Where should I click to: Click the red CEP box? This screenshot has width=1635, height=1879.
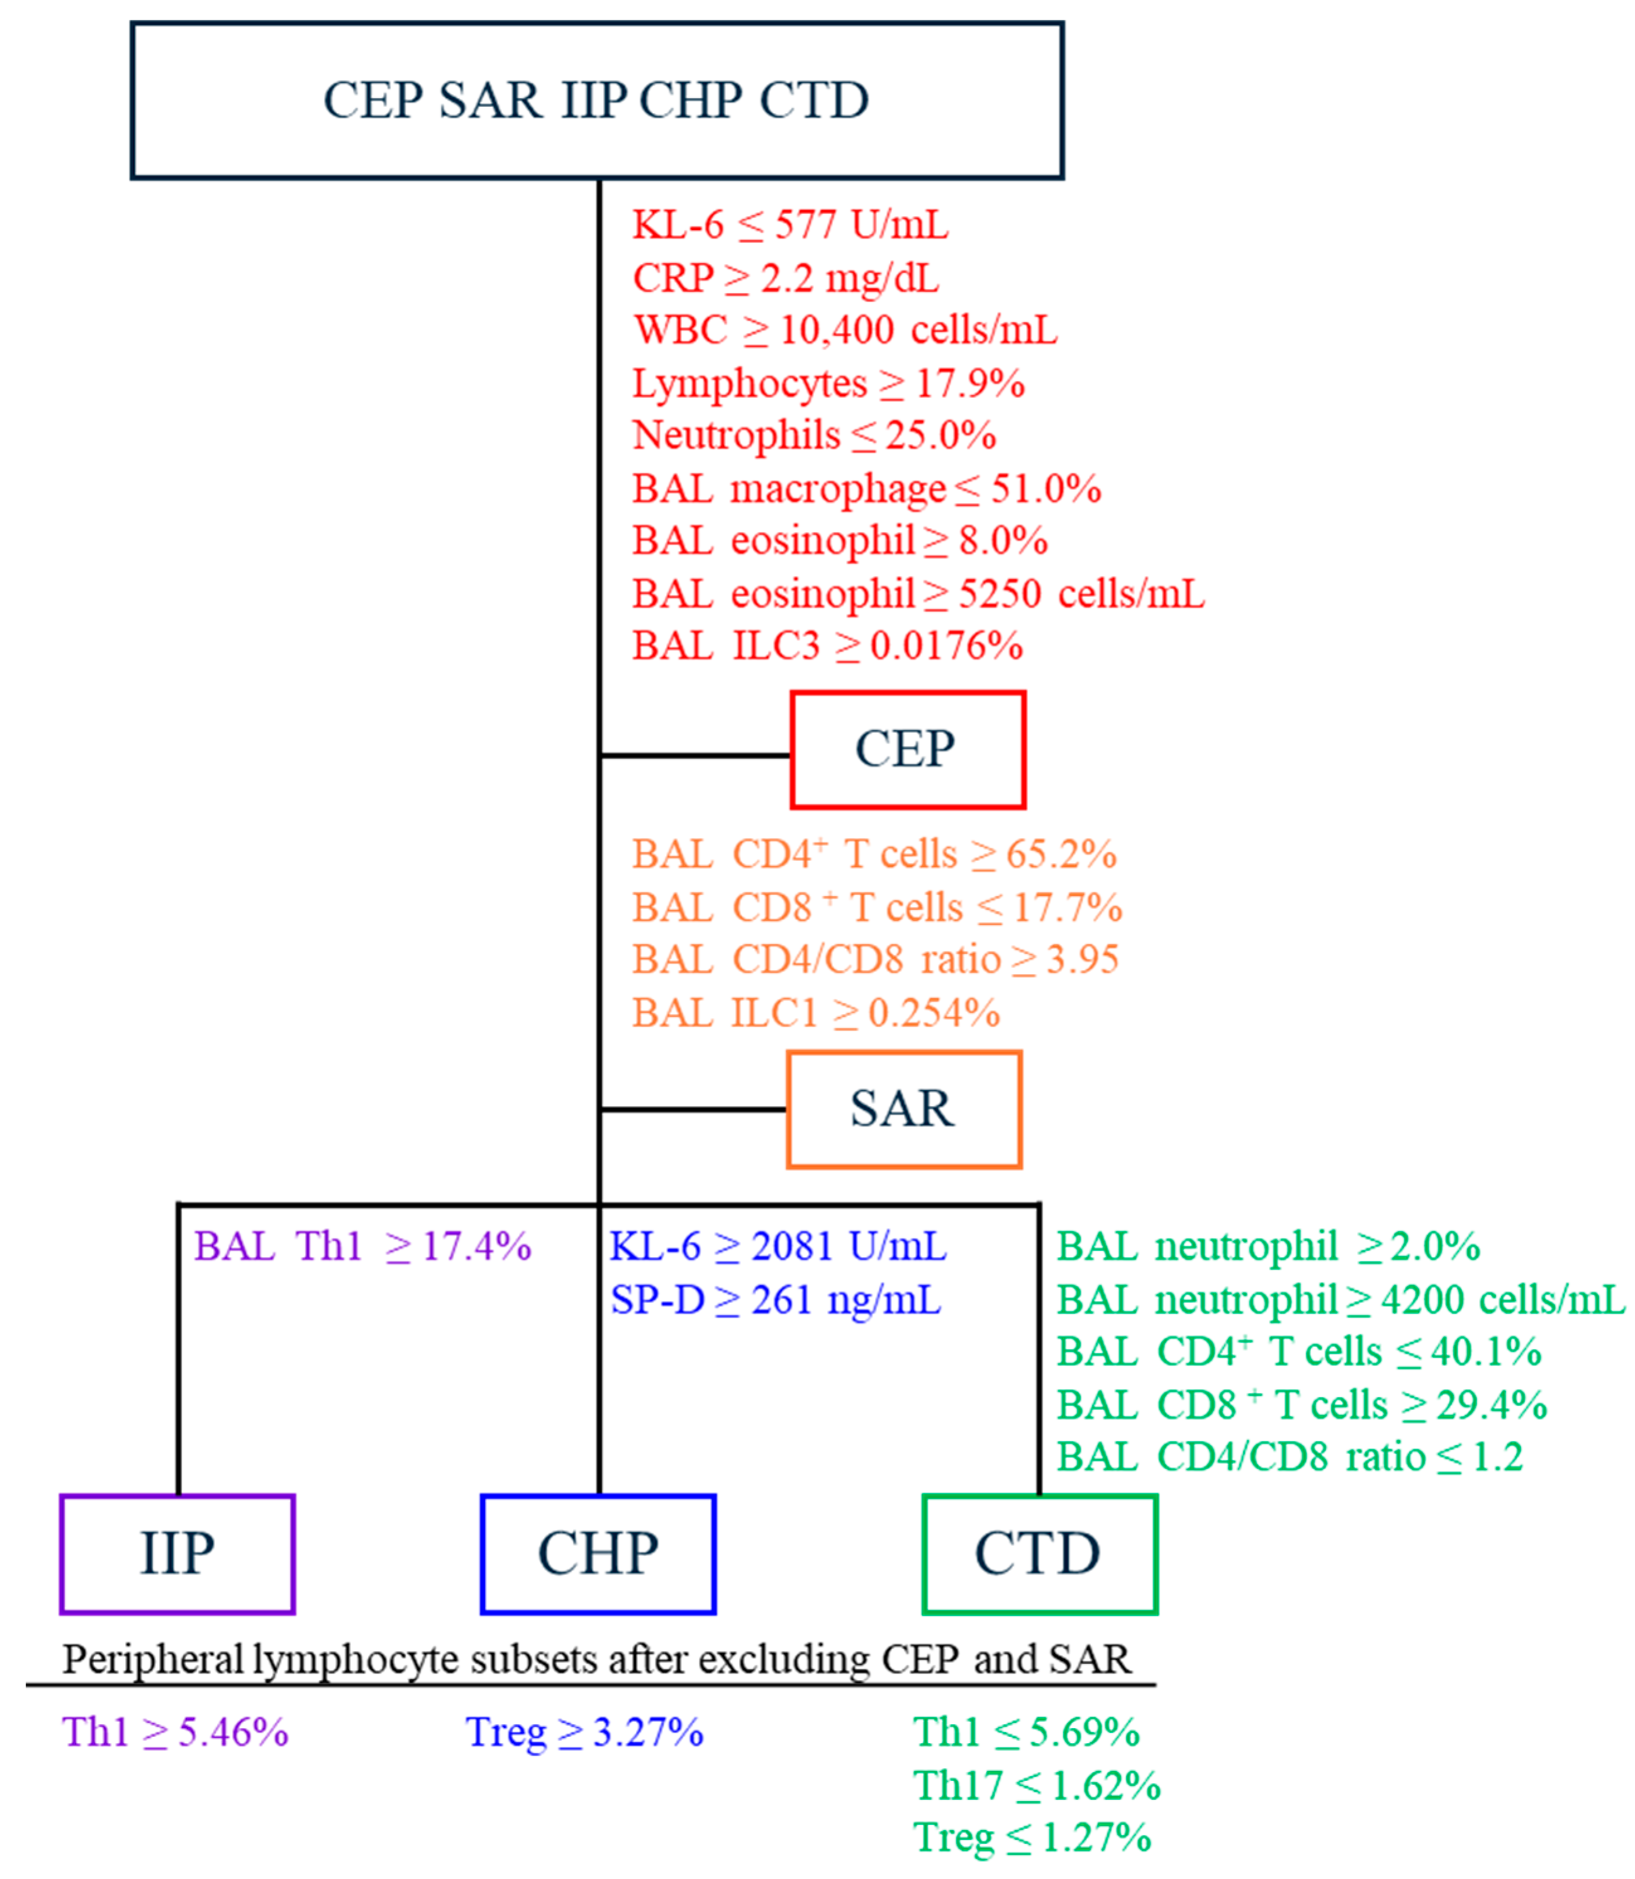click(x=908, y=750)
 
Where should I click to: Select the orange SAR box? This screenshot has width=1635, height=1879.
click(x=903, y=1109)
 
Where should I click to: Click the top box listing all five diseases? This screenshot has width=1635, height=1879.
click(x=597, y=101)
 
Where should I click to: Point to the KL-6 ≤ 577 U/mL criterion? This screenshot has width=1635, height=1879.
click(x=790, y=225)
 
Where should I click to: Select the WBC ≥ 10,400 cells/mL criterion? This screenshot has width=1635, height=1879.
click(x=845, y=330)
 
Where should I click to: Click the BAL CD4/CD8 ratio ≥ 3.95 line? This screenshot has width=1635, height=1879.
click(x=875, y=960)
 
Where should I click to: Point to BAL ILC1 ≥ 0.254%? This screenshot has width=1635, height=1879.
click(x=816, y=1012)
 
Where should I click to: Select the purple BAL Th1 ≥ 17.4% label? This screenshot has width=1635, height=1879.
click(x=362, y=1246)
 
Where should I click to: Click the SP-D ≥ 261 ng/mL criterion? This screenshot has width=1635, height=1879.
click(x=776, y=1300)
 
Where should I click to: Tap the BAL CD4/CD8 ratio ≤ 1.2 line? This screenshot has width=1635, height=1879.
click(x=1289, y=1456)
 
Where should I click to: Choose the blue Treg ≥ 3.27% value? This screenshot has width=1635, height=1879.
click(x=584, y=1731)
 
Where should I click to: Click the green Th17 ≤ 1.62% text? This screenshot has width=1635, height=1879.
click(x=1037, y=1785)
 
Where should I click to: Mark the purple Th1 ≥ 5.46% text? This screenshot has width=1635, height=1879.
click(x=175, y=1731)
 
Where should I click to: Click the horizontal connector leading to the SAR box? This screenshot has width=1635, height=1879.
click(x=693, y=1109)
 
